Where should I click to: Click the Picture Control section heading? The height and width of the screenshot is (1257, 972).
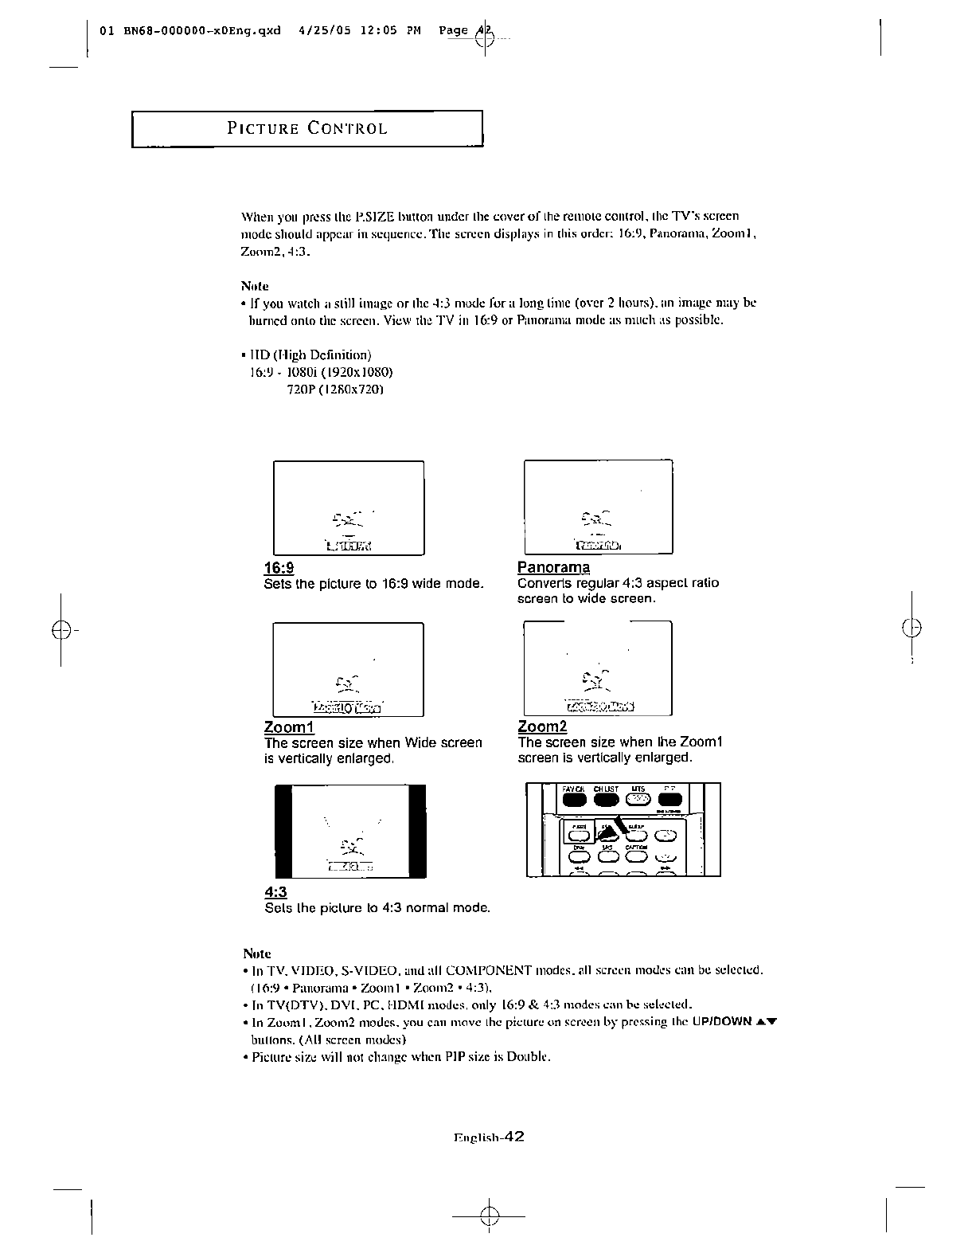(x=307, y=129)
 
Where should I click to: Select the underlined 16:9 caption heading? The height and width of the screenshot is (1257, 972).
(x=279, y=567)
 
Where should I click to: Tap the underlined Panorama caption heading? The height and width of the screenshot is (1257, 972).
(x=553, y=567)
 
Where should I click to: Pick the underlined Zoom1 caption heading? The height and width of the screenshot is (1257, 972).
(x=289, y=727)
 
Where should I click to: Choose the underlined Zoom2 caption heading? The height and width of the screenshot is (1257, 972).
(x=542, y=726)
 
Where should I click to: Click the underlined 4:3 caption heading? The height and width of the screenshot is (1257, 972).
(x=275, y=892)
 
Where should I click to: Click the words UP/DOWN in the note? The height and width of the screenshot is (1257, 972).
(x=716, y=1022)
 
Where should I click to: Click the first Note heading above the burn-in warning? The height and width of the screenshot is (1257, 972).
(x=255, y=285)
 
